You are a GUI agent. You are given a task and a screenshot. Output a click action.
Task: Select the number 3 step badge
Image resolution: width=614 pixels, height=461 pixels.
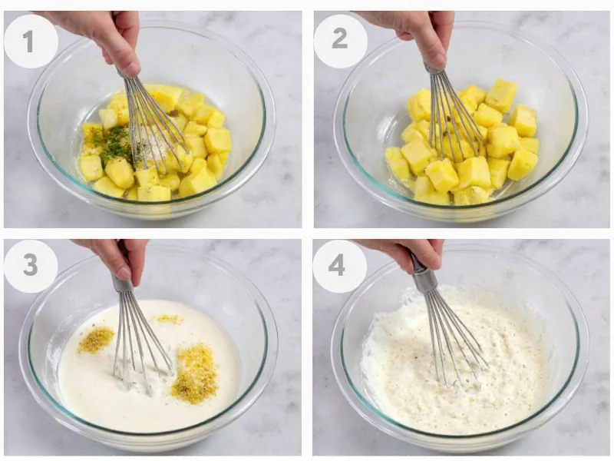coord(31,266)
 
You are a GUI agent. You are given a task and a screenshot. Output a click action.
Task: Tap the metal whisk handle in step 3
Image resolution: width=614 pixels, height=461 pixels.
coord(122,284)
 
